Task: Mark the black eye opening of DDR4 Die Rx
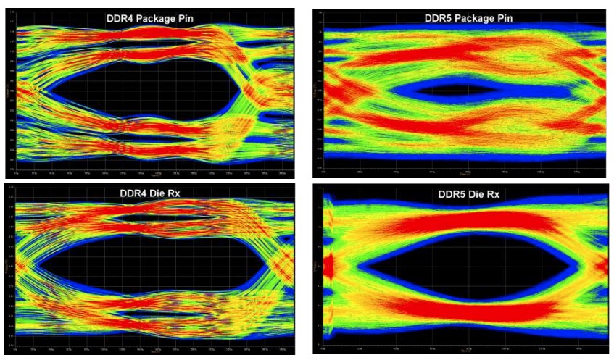145,264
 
